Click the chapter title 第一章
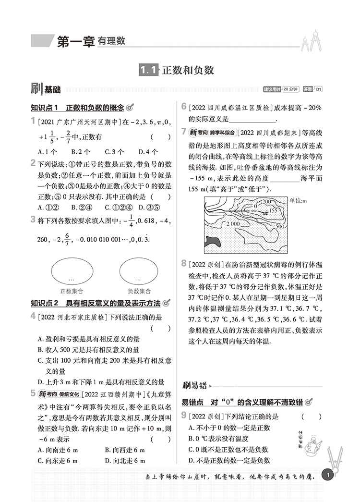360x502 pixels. pyautogui.click(x=75, y=41)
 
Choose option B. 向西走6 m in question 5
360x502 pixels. pyautogui.click(x=125, y=450)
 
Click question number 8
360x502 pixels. pyautogui.click(x=184, y=263)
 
